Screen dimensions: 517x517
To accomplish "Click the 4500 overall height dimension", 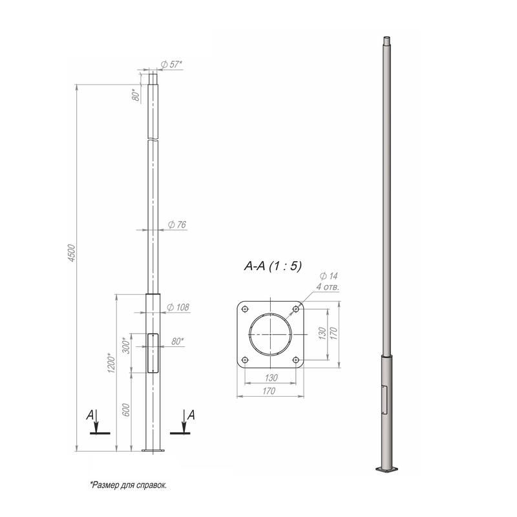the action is click(x=72, y=253).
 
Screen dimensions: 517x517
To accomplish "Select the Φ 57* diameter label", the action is click(x=171, y=65).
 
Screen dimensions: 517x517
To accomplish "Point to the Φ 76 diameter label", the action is click(x=177, y=224).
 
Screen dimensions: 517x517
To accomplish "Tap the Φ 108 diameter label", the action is click(x=178, y=308).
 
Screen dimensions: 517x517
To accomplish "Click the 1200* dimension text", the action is click(x=112, y=363).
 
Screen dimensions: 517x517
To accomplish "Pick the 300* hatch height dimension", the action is click(x=126, y=345).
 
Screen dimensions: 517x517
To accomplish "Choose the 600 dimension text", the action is click(x=126, y=410).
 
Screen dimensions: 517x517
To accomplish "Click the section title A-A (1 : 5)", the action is click(x=273, y=266).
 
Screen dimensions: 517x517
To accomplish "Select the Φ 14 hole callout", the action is click(x=329, y=276).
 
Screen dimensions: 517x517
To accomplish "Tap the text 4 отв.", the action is click(x=328, y=286).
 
